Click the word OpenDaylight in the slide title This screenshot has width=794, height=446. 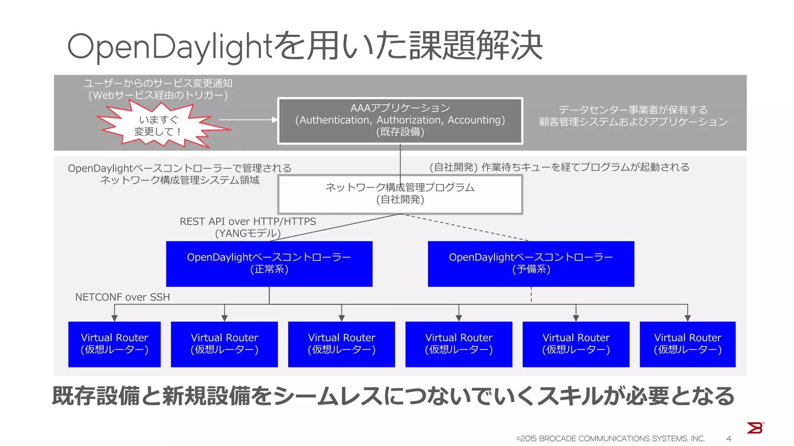point(171,46)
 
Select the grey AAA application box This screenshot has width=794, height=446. point(400,121)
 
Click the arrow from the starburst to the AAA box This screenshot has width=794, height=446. point(248,120)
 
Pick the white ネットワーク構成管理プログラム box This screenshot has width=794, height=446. point(400,194)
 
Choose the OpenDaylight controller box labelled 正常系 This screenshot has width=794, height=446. point(269,264)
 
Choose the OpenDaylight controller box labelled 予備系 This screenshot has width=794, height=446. point(531,264)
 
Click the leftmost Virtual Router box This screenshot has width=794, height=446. point(114,344)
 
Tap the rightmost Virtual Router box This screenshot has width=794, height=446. point(687,344)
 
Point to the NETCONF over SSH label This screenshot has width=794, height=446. point(123,297)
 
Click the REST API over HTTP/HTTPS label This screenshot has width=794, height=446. point(248,221)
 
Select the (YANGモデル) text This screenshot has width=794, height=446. point(248,233)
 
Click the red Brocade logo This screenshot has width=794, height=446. point(755,428)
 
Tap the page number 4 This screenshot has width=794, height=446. point(728,439)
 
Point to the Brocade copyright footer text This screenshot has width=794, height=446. point(610,439)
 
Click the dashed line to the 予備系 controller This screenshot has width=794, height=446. point(465,227)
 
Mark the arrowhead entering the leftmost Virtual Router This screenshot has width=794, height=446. point(114,318)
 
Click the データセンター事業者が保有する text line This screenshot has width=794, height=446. point(633,110)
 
